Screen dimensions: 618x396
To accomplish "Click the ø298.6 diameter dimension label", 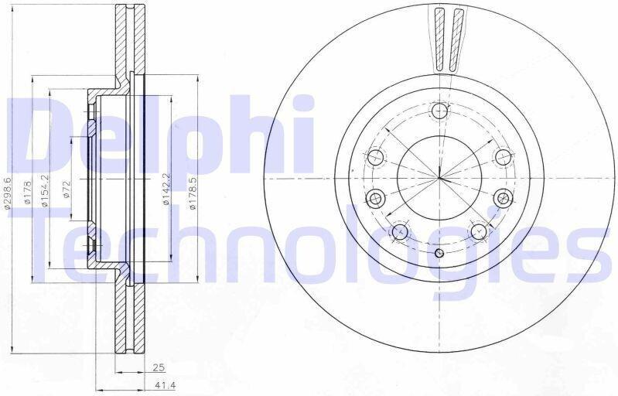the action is point(8,193).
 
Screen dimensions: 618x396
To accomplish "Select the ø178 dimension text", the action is point(28,193).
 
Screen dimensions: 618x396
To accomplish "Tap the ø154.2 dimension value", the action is point(45,191).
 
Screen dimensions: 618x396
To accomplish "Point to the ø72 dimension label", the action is point(67,189).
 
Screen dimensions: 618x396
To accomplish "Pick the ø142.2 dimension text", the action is point(166,189).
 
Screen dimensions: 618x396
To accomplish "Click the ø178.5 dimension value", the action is point(193,193).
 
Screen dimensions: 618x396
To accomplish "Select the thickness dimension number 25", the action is point(158,368).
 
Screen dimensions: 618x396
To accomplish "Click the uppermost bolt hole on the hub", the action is point(440,111).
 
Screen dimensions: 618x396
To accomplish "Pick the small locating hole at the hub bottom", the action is point(439,253).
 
